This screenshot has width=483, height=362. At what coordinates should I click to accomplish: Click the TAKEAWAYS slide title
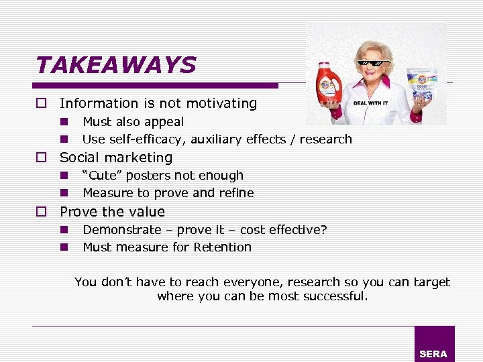tap(115, 65)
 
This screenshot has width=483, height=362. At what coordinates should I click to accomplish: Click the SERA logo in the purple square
tap(433, 353)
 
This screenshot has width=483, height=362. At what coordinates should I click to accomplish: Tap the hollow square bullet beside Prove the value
tap(42, 212)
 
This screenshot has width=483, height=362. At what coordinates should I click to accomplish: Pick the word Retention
tap(223, 247)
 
